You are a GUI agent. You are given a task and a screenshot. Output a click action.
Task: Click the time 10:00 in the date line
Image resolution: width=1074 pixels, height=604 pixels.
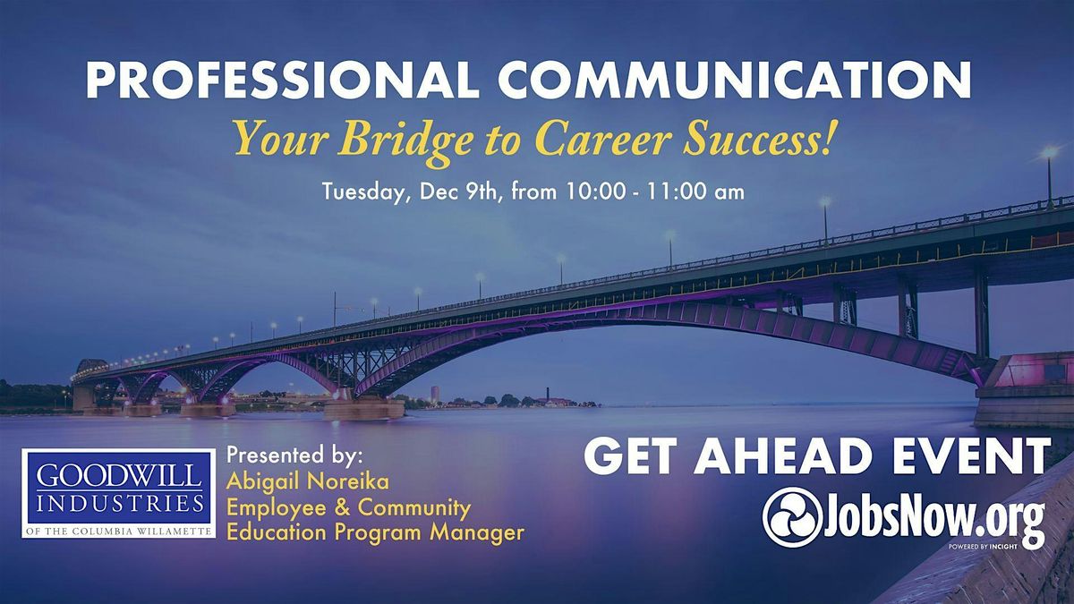[x=578, y=192]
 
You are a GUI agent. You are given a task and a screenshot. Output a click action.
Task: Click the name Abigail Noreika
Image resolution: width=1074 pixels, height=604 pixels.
[x=308, y=483]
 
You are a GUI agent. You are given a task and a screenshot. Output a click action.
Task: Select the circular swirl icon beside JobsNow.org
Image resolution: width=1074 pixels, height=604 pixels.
[x=792, y=517]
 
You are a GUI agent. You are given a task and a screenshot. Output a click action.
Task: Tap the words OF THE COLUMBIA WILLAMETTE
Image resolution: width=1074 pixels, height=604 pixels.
[x=118, y=532]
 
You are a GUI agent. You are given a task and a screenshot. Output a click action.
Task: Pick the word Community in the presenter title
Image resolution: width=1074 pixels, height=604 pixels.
[x=414, y=508]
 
